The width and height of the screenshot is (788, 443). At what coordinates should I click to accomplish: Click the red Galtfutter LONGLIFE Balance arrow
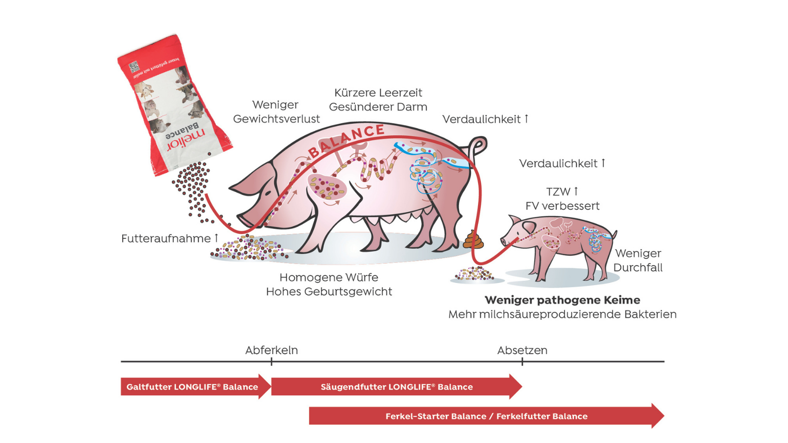(x=192, y=387)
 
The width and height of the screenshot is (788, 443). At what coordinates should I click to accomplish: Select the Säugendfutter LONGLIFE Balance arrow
(x=396, y=387)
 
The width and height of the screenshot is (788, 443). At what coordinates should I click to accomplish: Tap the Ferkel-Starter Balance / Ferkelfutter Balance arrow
(x=486, y=416)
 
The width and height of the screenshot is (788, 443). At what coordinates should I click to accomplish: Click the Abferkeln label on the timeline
(x=272, y=350)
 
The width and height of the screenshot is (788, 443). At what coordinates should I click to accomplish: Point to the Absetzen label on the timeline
(x=522, y=350)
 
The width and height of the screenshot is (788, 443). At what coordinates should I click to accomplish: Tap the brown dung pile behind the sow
(x=473, y=240)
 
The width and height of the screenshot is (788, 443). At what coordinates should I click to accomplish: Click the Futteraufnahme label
(x=166, y=239)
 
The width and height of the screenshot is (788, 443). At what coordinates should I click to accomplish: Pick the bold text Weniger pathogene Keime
(x=562, y=300)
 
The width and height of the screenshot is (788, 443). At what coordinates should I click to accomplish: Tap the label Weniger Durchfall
(x=638, y=260)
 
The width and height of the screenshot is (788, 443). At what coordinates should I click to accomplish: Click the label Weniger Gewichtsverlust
(x=276, y=112)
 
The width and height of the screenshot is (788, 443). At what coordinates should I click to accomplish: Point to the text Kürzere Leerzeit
(x=378, y=93)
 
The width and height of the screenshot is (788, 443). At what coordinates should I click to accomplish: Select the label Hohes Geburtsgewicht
(x=329, y=292)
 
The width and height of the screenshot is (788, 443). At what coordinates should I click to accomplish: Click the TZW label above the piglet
(x=559, y=192)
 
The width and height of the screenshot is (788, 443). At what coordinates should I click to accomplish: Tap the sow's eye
(x=267, y=193)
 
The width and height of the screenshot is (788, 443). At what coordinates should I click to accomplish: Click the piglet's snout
(x=504, y=241)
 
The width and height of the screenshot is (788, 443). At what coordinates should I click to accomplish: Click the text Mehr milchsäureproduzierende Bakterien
(x=562, y=314)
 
